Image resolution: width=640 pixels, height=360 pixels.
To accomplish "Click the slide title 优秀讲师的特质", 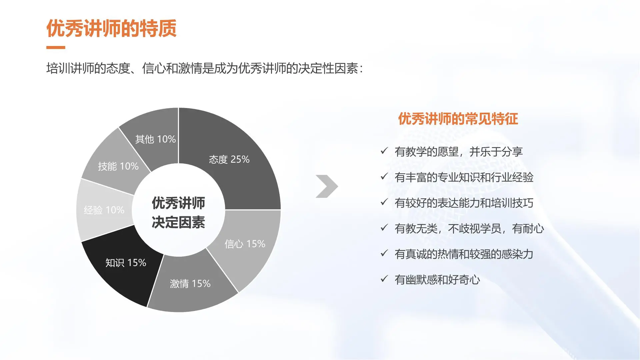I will pos(111,28).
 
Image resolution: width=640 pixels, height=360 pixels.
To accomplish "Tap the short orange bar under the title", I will pos(56,48).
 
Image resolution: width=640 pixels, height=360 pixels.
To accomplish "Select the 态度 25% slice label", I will pos(229,159).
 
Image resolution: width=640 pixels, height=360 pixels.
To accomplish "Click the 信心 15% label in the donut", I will pos(245,244).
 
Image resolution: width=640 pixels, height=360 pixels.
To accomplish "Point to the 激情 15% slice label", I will pos(190,284).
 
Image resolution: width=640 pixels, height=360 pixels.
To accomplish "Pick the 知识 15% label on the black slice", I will pos(126,263).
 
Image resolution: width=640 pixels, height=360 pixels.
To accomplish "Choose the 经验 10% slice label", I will pos(104,210).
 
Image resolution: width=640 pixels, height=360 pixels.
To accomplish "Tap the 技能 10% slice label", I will pos(118,166).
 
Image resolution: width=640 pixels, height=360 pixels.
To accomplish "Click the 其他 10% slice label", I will pos(155,139).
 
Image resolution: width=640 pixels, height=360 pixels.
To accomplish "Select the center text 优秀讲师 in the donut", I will pos(178,203).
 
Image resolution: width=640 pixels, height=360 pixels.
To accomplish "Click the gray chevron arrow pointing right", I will pos(327,186).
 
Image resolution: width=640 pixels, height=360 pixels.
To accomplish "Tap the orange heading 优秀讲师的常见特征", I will pos(458,119).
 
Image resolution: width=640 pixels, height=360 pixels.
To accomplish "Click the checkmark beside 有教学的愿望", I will pos(384,151).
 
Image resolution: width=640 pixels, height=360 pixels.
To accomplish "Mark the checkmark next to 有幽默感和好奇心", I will pos(384,279).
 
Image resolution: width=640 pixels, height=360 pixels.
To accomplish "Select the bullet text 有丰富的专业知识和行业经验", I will pos(464,177).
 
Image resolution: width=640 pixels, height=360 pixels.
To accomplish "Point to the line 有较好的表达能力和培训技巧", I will pos(464,203).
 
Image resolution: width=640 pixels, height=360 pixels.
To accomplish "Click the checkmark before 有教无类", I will pos(384,228).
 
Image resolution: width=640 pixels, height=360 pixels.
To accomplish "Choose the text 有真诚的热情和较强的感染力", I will pos(464,254).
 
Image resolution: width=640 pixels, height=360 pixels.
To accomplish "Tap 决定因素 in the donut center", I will pos(178,222).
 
